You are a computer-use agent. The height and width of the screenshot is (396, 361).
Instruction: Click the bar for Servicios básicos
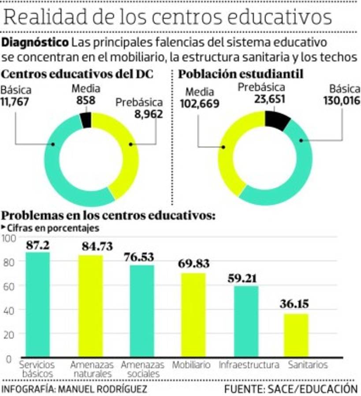(37, 304)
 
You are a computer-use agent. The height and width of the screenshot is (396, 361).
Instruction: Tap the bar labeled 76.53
(142, 310)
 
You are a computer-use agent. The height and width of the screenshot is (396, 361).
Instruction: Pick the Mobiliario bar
(194, 315)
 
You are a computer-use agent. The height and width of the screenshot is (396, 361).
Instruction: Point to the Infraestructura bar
(246, 321)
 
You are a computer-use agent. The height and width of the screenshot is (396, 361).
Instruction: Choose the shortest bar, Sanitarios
(296, 335)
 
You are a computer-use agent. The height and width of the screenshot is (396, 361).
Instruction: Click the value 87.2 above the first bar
(37, 245)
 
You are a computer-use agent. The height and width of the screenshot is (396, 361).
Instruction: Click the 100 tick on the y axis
(9, 238)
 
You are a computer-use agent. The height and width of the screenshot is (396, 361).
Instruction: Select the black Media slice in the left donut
(86, 120)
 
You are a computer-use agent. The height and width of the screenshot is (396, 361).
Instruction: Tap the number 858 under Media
(86, 100)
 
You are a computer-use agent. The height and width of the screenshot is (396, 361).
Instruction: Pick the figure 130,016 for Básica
(341, 101)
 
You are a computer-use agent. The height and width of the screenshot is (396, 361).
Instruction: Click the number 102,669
(200, 104)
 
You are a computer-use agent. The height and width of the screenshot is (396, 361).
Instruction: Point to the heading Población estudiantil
(240, 74)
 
